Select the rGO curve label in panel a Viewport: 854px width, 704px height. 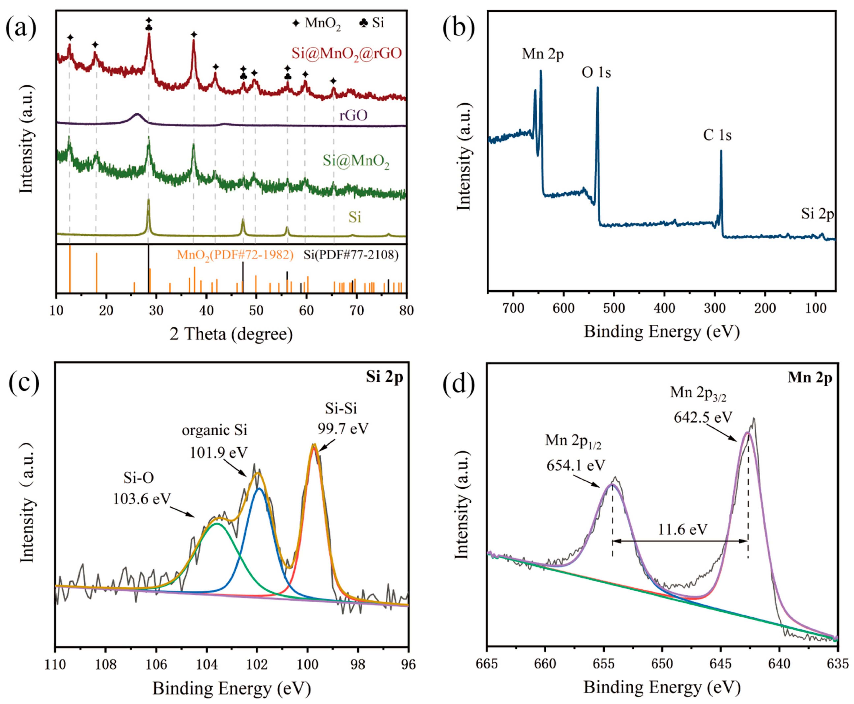tap(353, 116)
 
